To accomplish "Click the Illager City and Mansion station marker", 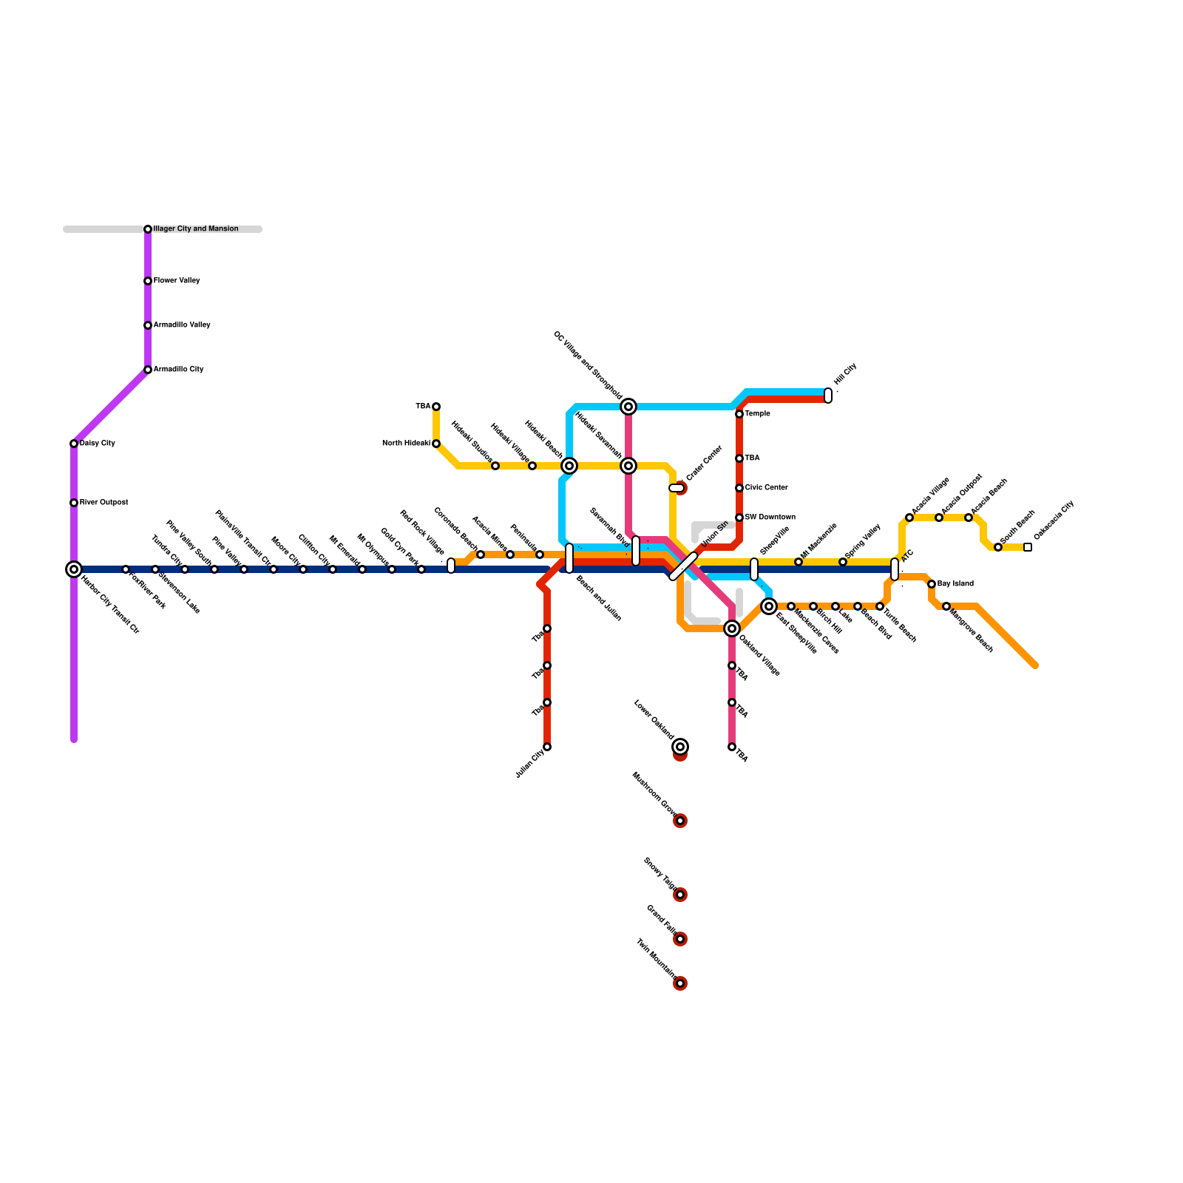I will coord(148,229).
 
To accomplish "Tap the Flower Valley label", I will coord(177,281).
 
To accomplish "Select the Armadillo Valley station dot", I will coord(148,325).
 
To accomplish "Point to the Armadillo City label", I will coord(178,370).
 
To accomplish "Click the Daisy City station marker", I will coord(74,444).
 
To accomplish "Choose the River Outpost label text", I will coord(104,503).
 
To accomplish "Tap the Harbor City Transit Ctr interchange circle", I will coord(74,569).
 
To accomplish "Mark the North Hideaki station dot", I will coord(436,444).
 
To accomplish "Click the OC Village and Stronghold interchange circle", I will coord(628,407).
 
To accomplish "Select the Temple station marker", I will coord(739,414).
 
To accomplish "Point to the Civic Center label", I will coord(767,488).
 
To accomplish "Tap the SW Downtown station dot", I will coord(739,518).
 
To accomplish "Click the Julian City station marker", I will coord(547,747).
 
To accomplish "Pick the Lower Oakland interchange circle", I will coord(680,747).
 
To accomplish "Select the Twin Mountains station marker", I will coord(680,983).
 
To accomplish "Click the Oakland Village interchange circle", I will coord(732,628).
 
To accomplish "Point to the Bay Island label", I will coord(955,584).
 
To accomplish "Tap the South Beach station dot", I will coord(998,547).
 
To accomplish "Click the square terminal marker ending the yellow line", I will coord(1028,547).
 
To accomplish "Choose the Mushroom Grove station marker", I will coord(680,821).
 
